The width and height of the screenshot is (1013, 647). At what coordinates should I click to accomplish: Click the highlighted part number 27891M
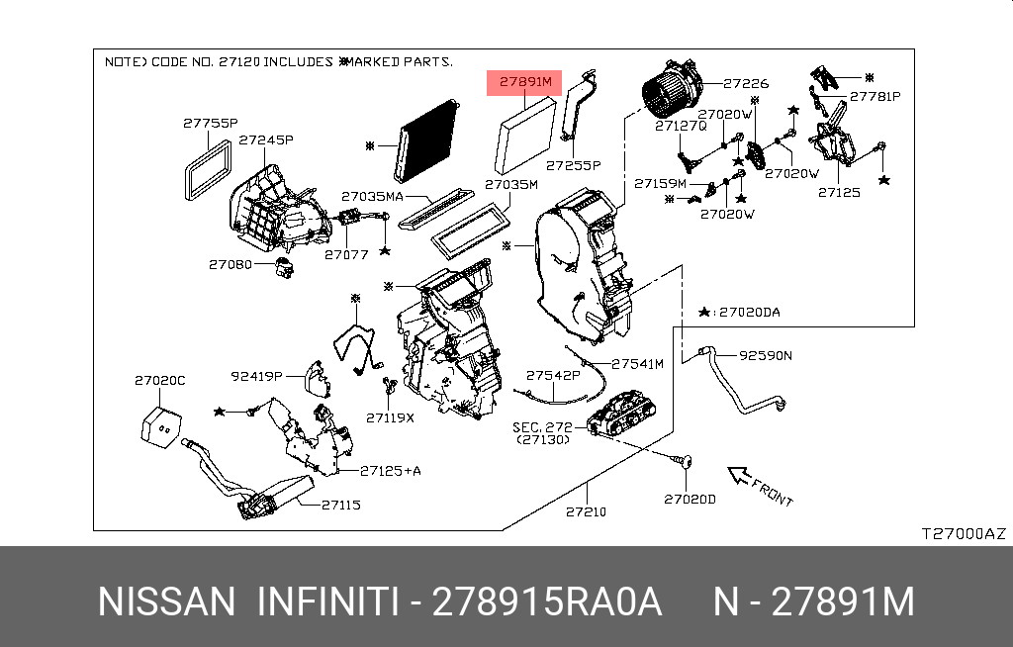click(524, 82)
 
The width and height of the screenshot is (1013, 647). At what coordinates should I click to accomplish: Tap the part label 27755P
click(210, 124)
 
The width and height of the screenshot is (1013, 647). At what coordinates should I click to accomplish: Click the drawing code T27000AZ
click(963, 533)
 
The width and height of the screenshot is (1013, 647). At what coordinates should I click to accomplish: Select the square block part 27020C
click(160, 420)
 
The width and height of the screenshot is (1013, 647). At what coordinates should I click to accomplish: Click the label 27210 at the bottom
click(586, 511)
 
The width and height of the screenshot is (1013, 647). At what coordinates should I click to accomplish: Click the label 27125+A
click(391, 471)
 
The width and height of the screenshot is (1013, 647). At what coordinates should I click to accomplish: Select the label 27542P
click(553, 376)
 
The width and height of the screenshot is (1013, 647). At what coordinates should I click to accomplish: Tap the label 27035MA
click(372, 197)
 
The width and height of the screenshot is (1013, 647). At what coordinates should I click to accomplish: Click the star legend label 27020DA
click(749, 313)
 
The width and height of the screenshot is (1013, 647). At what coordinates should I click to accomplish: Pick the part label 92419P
click(257, 376)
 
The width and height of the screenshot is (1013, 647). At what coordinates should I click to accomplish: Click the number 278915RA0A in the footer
click(547, 601)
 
